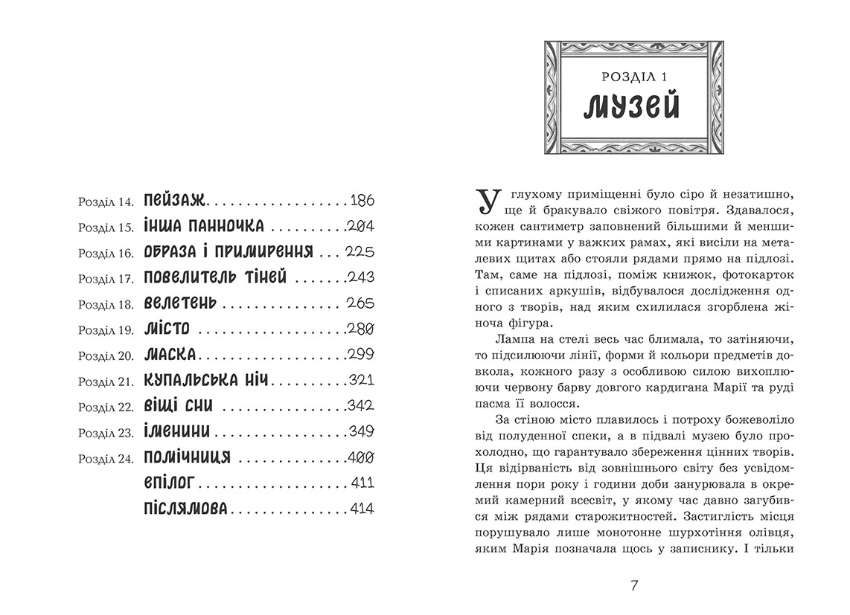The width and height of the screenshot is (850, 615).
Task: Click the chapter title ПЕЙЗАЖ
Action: click(175, 201)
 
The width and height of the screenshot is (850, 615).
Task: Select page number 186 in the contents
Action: click(361, 201)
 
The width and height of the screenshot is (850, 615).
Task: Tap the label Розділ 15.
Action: click(103, 227)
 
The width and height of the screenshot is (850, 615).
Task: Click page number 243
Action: click(360, 277)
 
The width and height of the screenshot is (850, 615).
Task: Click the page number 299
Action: click(360, 354)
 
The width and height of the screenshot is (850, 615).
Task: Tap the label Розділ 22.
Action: click(103, 406)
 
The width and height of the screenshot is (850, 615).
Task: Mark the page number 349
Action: click(360, 431)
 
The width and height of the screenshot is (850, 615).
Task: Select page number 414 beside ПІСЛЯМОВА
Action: click(361, 509)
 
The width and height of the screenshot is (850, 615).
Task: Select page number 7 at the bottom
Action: click(634, 585)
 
